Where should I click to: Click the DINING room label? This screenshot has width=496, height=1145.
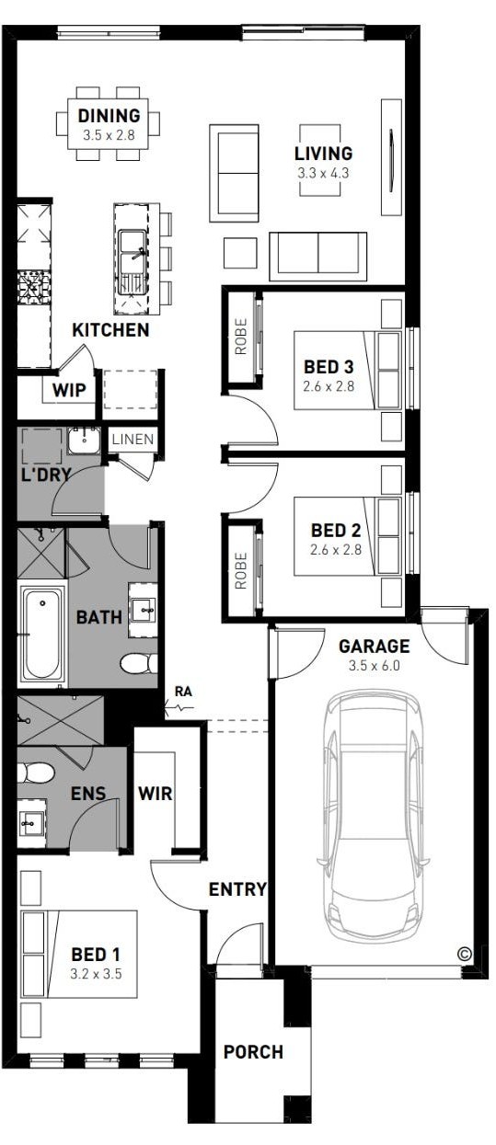[x=109, y=116]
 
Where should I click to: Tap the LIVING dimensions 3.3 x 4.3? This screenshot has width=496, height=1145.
[x=323, y=173]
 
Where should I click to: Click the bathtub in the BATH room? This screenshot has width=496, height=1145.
[x=42, y=634]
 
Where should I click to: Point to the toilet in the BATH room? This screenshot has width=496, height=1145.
[x=139, y=664]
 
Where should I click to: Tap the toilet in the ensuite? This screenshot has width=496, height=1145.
[x=35, y=773]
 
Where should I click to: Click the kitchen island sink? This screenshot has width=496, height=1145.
[x=133, y=263]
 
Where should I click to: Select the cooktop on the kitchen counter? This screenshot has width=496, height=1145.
[x=34, y=286]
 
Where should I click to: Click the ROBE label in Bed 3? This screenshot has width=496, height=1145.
[x=240, y=337]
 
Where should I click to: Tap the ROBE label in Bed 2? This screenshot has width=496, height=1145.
[x=240, y=570]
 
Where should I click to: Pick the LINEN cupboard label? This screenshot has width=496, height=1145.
[x=133, y=439]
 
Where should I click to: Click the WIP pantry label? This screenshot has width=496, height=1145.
[x=69, y=391]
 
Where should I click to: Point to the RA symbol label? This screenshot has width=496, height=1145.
[x=183, y=692]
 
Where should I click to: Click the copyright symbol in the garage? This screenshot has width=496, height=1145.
[x=465, y=953]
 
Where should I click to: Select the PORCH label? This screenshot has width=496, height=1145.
[x=253, y=1051]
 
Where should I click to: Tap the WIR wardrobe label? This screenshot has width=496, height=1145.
[x=155, y=794]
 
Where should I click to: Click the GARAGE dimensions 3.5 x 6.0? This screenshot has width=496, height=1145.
[x=375, y=666]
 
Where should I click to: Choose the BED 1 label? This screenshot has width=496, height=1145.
[x=96, y=954]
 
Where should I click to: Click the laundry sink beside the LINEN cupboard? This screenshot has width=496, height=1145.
[x=84, y=441]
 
